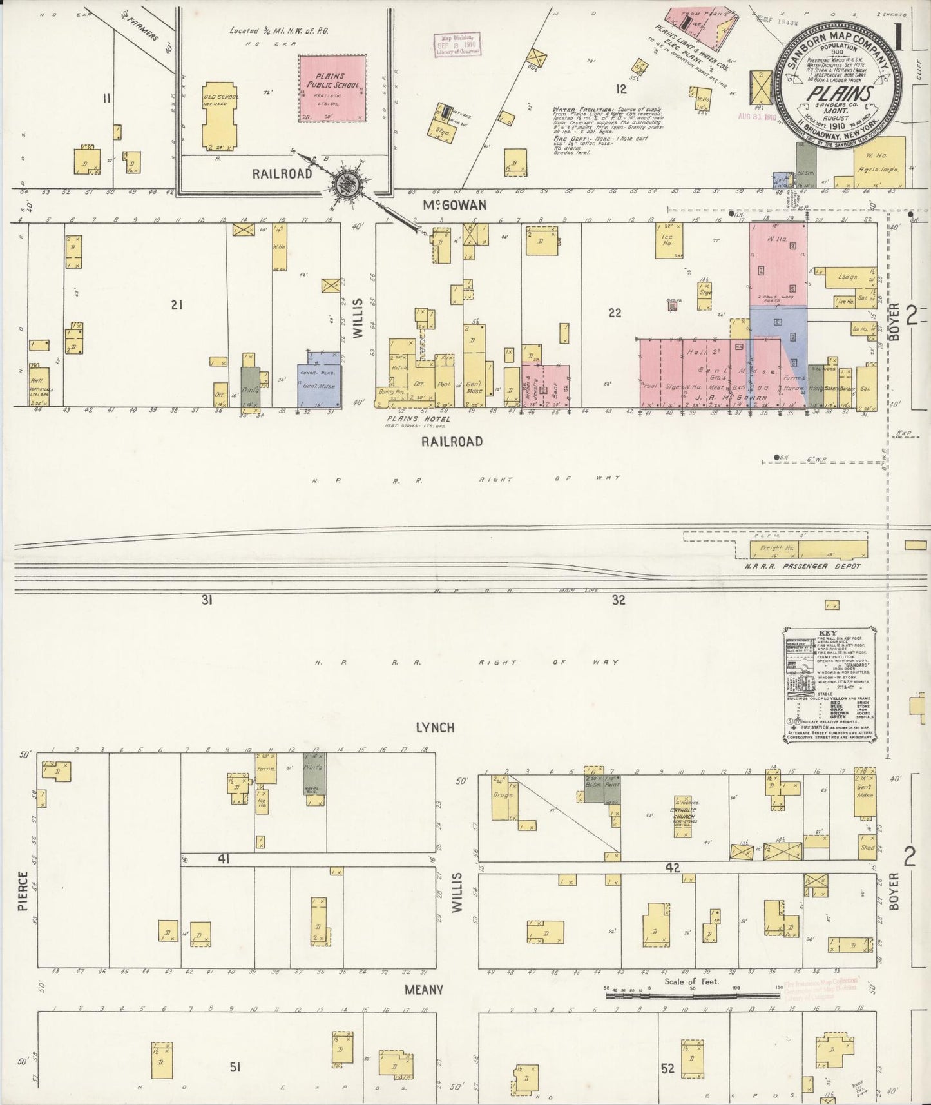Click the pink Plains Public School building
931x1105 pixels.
click(332, 88)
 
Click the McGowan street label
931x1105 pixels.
click(454, 205)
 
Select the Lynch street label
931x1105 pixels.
click(435, 727)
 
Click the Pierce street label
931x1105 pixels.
click(23, 891)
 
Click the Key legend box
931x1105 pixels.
click(830, 684)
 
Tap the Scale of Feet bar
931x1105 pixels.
click(693, 996)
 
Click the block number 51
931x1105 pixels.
click(235, 1067)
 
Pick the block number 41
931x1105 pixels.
click(222, 859)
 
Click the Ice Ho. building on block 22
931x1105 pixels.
click(667, 240)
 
